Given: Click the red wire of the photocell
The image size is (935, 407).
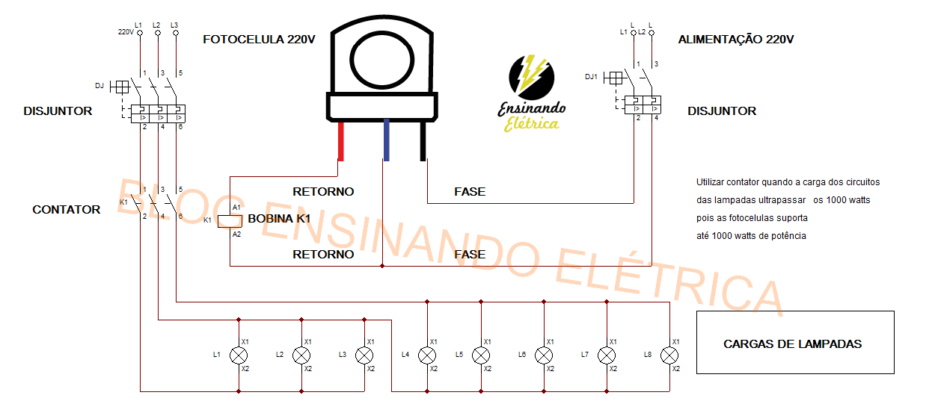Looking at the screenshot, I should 341,141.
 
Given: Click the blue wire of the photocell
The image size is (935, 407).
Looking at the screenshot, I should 385,141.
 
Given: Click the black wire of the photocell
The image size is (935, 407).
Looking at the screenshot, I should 423,141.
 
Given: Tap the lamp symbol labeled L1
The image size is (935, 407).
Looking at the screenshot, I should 239,355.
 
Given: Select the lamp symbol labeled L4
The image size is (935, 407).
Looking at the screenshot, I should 427,355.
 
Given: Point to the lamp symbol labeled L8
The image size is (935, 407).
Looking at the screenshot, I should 669,355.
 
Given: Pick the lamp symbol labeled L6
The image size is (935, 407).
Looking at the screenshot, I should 544,355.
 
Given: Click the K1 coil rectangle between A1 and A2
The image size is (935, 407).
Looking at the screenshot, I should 230,220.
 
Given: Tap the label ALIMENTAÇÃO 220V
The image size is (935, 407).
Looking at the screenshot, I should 735,40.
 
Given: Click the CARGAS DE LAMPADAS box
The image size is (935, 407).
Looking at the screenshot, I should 794,343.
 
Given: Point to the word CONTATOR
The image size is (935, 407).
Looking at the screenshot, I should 66,210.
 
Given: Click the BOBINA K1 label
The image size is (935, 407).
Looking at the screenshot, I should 278,219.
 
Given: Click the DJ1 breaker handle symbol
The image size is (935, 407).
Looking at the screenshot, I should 614,78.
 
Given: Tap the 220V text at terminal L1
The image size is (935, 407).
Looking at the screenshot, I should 126,32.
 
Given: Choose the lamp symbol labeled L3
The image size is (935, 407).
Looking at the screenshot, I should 364,355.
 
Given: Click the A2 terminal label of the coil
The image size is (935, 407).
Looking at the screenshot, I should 236,234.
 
